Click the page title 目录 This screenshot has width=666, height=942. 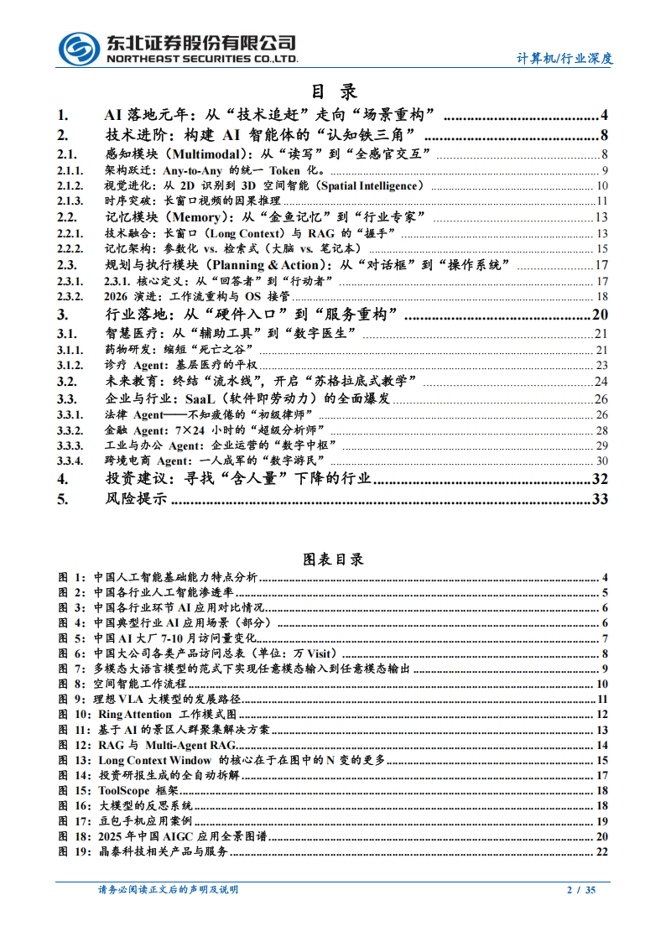click(334, 91)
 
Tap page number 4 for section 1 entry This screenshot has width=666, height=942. click(604, 116)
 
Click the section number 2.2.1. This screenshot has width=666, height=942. click(70, 233)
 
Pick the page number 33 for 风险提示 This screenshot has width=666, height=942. click(599, 500)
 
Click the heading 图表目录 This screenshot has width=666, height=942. click(333, 559)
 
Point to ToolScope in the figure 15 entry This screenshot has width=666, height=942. click(124, 791)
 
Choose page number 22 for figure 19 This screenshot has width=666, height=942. click(601, 852)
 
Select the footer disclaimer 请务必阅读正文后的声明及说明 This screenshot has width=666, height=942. click(168, 890)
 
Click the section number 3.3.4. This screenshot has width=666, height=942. click(70, 461)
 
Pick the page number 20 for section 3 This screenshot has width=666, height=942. click(599, 315)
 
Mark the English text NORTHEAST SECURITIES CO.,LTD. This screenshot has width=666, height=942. click(201, 59)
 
